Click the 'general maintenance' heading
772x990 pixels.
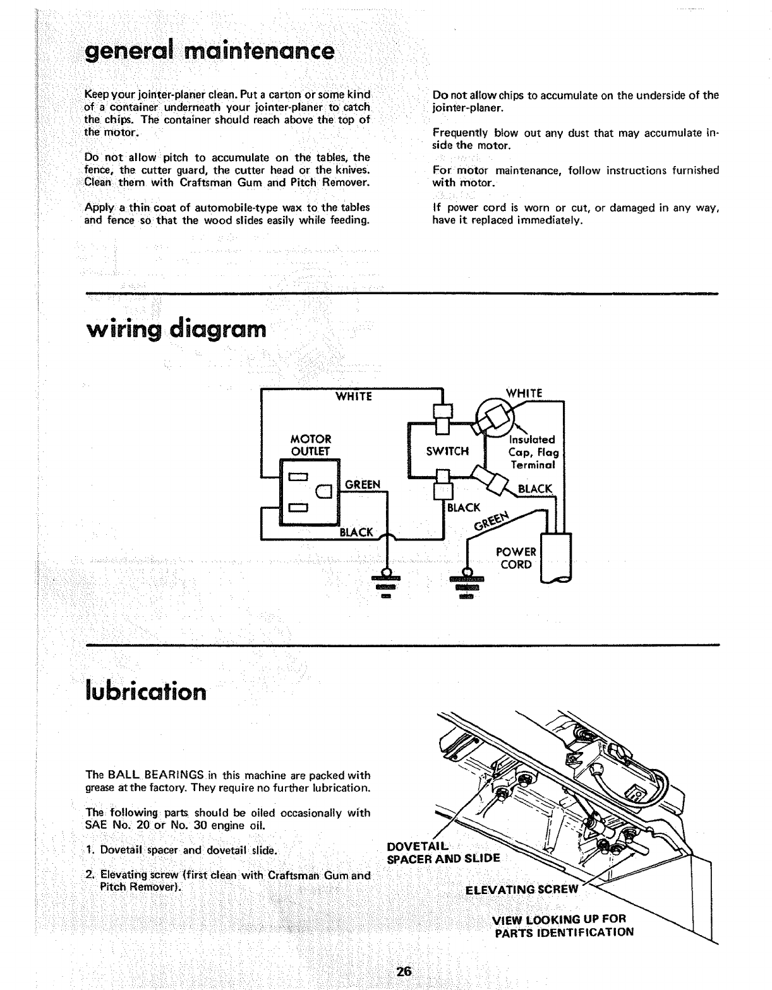coord(209,51)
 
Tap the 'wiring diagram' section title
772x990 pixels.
coord(175,329)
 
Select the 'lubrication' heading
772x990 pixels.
coord(145,691)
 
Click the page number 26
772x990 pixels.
coord(404,971)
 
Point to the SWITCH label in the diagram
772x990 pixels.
coord(447,451)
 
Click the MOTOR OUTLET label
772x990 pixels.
coord(310,444)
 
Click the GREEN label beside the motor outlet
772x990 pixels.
coord(362,485)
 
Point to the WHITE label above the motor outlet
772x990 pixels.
coord(353,397)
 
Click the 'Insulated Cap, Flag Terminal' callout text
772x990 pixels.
coord(533,451)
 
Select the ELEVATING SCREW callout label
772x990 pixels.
coord(521,890)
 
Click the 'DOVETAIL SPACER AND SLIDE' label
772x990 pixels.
coord(442,852)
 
